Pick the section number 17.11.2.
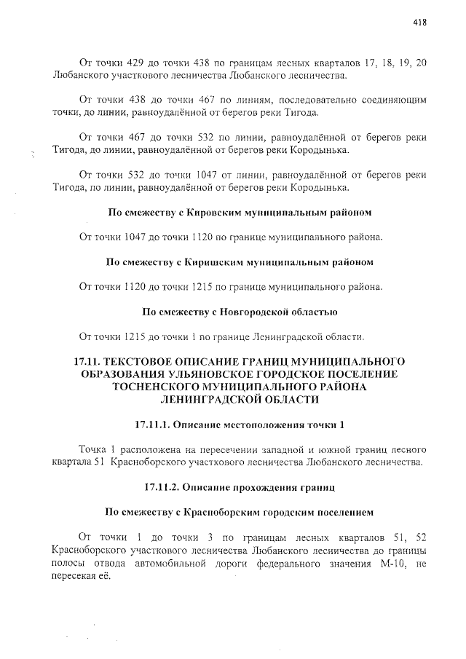click(164, 486)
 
